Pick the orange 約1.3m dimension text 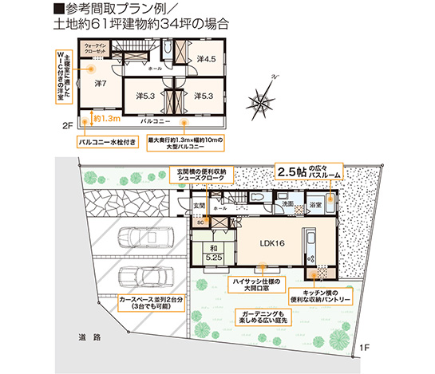pyautogui.click(x=106, y=117)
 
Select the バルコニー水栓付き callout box pyautogui.click(x=107, y=144)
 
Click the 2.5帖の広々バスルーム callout pyautogui.click(x=307, y=173)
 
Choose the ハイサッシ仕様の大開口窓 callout pyautogui.click(x=255, y=286)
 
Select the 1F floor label pyautogui.click(x=364, y=347)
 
